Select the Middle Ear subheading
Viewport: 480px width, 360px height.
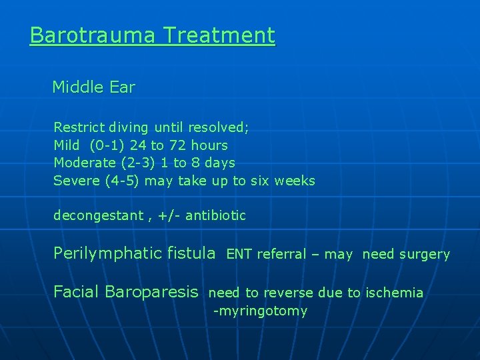(93, 87)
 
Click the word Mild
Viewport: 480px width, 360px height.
(66, 145)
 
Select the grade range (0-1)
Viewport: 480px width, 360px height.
(107, 145)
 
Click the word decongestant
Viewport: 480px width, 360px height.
(98, 216)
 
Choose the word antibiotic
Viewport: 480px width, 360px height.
(215, 216)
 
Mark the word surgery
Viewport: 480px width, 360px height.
(424, 255)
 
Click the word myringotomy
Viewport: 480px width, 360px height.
(261, 311)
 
